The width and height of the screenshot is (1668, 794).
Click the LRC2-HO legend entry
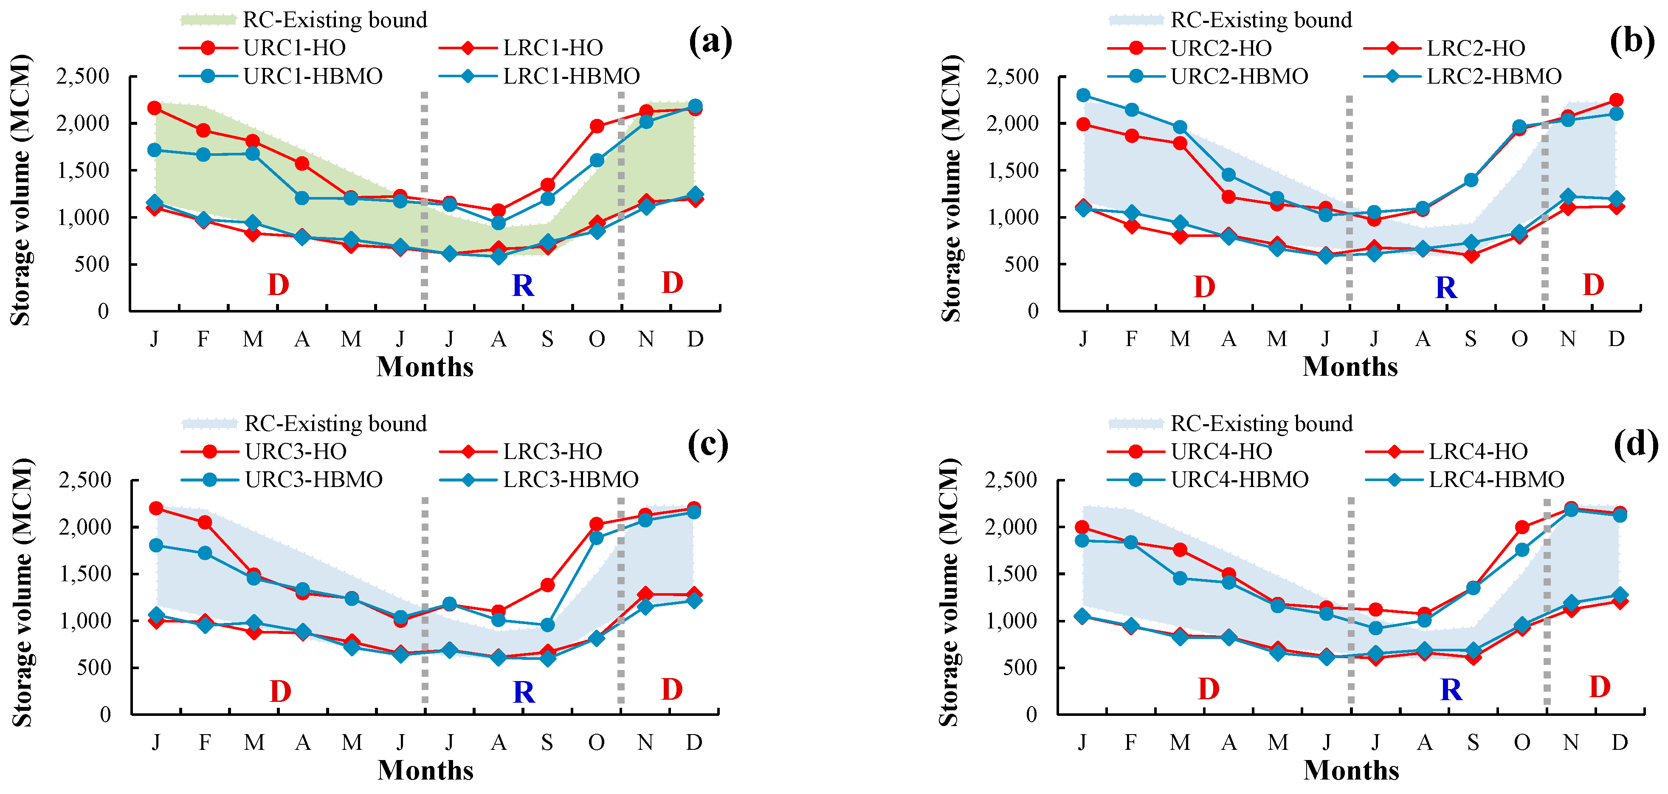1476,48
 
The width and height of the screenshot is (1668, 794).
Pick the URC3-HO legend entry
295,451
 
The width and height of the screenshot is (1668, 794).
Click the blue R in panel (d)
1451,690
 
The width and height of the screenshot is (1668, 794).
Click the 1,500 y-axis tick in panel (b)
1012,170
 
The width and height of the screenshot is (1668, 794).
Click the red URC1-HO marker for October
597,126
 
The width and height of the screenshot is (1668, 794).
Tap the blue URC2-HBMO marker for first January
1083,95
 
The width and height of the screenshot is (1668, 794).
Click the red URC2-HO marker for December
1616,100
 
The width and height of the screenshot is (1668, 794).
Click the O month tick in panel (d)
1521,742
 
